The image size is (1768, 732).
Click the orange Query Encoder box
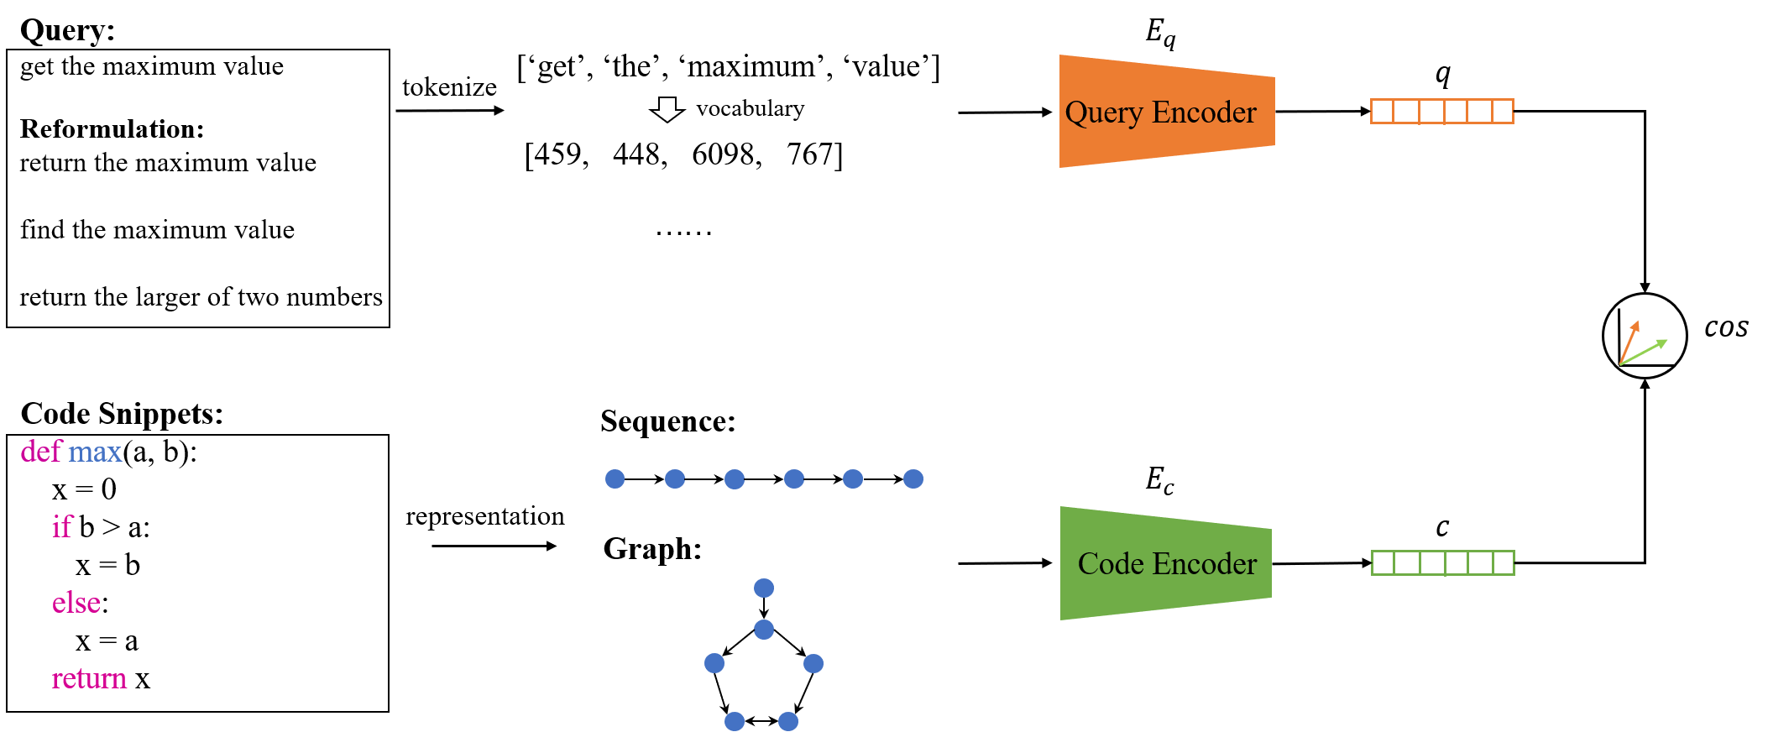(1167, 112)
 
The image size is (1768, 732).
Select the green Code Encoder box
(1166, 563)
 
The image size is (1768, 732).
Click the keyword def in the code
(41, 452)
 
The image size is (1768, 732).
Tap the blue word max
(95, 452)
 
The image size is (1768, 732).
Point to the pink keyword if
(62, 527)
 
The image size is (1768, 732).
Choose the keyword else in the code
(76, 603)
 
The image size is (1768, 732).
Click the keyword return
(89, 678)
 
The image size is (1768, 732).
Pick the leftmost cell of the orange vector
(1382, 112)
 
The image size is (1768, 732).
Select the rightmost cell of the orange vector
(1504, 112)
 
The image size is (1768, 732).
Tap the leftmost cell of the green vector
(1383, 563)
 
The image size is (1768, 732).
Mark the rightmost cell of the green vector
(1504, 563)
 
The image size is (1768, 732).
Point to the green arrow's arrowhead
(1665, 341)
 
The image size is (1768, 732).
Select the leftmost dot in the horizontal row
(615, 478)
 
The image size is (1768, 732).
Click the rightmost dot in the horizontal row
(913, 478)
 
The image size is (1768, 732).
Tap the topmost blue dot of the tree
(764, 588)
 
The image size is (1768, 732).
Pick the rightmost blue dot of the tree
(813, 664)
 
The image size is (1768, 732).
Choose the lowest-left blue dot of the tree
(735, 721)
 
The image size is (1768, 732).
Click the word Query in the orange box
(1104, 112)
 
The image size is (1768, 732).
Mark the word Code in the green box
(1111, 564)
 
